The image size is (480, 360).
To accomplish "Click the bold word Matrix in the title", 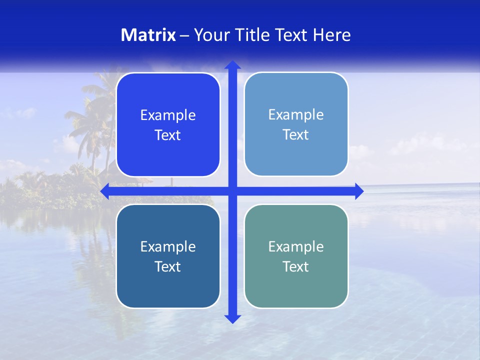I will (148, 35).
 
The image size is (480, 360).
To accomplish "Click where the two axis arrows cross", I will (232, 191).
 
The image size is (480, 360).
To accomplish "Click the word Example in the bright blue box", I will (168, 115).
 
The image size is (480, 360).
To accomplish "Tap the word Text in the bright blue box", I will (168, 135).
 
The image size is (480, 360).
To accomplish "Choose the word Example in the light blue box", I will (296, 115).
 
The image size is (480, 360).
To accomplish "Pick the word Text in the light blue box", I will (296, 135).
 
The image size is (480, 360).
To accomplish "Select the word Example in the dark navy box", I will (168, 247).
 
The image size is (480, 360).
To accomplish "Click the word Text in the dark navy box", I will (168, 267).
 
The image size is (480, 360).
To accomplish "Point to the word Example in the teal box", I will (296, 247).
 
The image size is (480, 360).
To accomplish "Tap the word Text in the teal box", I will (296, 267).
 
